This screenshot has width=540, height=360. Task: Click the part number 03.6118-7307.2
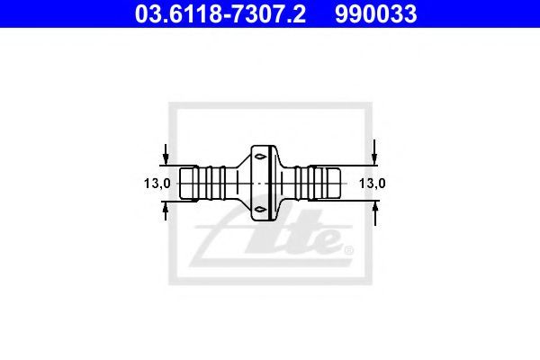(x=220, y=14)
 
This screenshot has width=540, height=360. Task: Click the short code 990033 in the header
(x=376, y=14)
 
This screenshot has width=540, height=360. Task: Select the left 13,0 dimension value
(x=157, y=184)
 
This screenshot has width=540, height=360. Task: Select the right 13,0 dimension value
(x=373, y=184)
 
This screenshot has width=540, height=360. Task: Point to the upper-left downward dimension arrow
(x=166, y=154)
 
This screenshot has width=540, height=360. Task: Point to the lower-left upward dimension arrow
(x=166, y=211)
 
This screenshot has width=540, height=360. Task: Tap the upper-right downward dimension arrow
(x=374, y=152)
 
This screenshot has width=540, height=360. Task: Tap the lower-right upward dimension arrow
(x=375, y=213)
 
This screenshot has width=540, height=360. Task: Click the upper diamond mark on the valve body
(x=260, y=157)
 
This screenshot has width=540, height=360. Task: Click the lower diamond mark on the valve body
(x=260, y=209)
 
